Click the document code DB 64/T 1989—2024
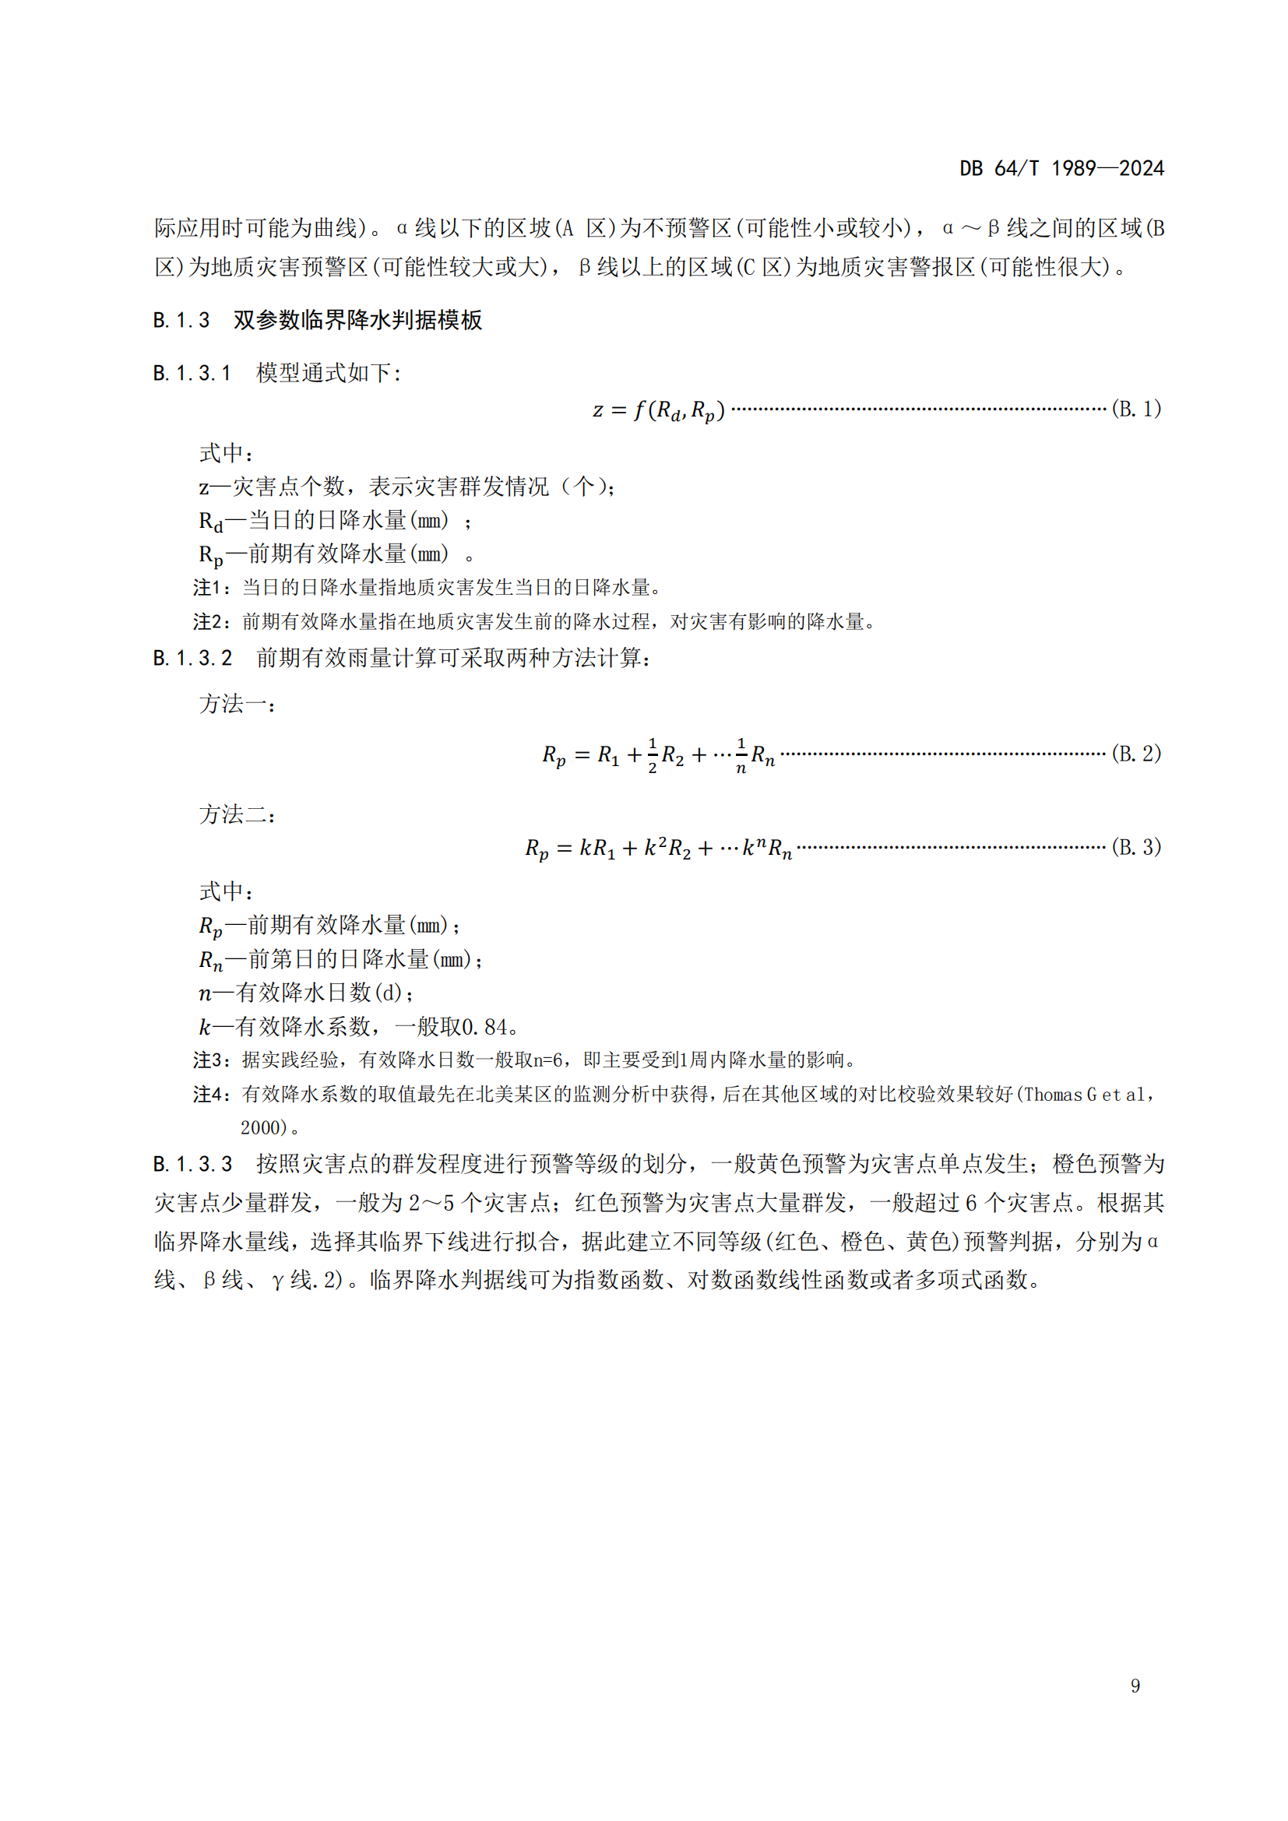[1061, 168]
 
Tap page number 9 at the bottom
[1135, 1685]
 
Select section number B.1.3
[181, 320]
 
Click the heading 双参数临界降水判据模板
[357, 320]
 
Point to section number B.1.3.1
[192, 373]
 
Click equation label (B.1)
[1135, 410]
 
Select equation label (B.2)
[1135, 754]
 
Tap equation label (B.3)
[1135, 847]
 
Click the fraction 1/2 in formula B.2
[652, 755]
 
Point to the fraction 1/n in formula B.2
[741, 755]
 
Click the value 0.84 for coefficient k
[484, 1027]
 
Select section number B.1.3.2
[192, 659]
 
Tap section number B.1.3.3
[192, 1164]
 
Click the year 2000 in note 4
[262, 1128]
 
